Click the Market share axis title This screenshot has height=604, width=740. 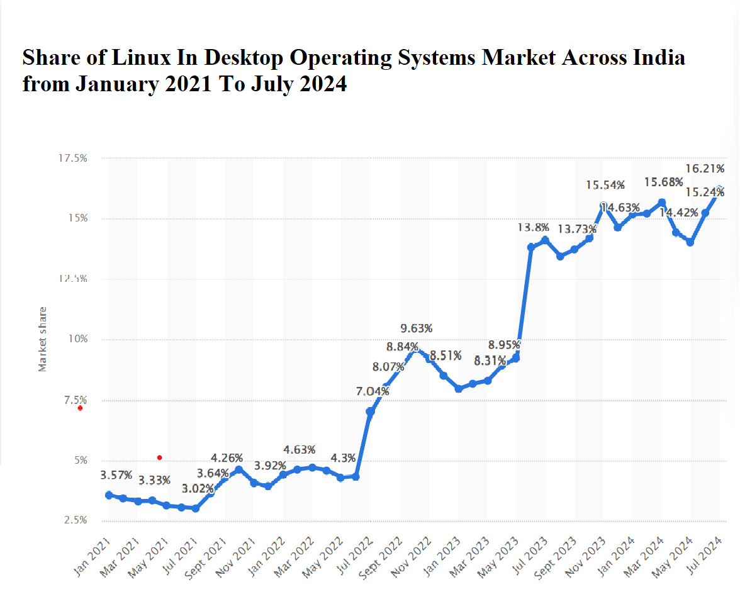click(43, 338)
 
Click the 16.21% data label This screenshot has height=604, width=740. click(705, 169)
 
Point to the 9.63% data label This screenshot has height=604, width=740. click(417, 328)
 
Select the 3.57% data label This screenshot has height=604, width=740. click(116, 475)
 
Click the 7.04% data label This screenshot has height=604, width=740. click(373, 391)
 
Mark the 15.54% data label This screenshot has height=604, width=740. click(605, 185)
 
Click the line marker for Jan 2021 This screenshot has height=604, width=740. click(109, 495)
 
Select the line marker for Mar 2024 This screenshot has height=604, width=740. click(661, 203)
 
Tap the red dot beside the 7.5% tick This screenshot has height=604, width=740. click(80, 408)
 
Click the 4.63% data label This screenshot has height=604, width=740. click(300, 450)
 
